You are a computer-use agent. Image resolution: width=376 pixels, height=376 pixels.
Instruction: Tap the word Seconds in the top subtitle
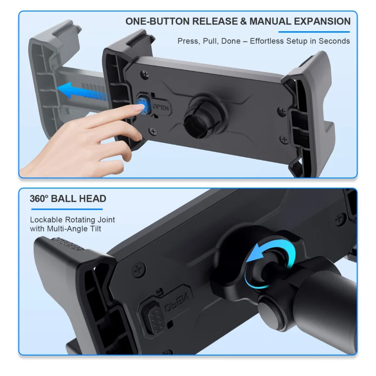[x=334, y=41]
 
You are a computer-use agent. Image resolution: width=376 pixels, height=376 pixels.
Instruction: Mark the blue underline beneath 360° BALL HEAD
[x=66, y=209]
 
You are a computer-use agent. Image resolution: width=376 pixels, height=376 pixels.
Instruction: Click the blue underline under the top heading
[x=314, y=32]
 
